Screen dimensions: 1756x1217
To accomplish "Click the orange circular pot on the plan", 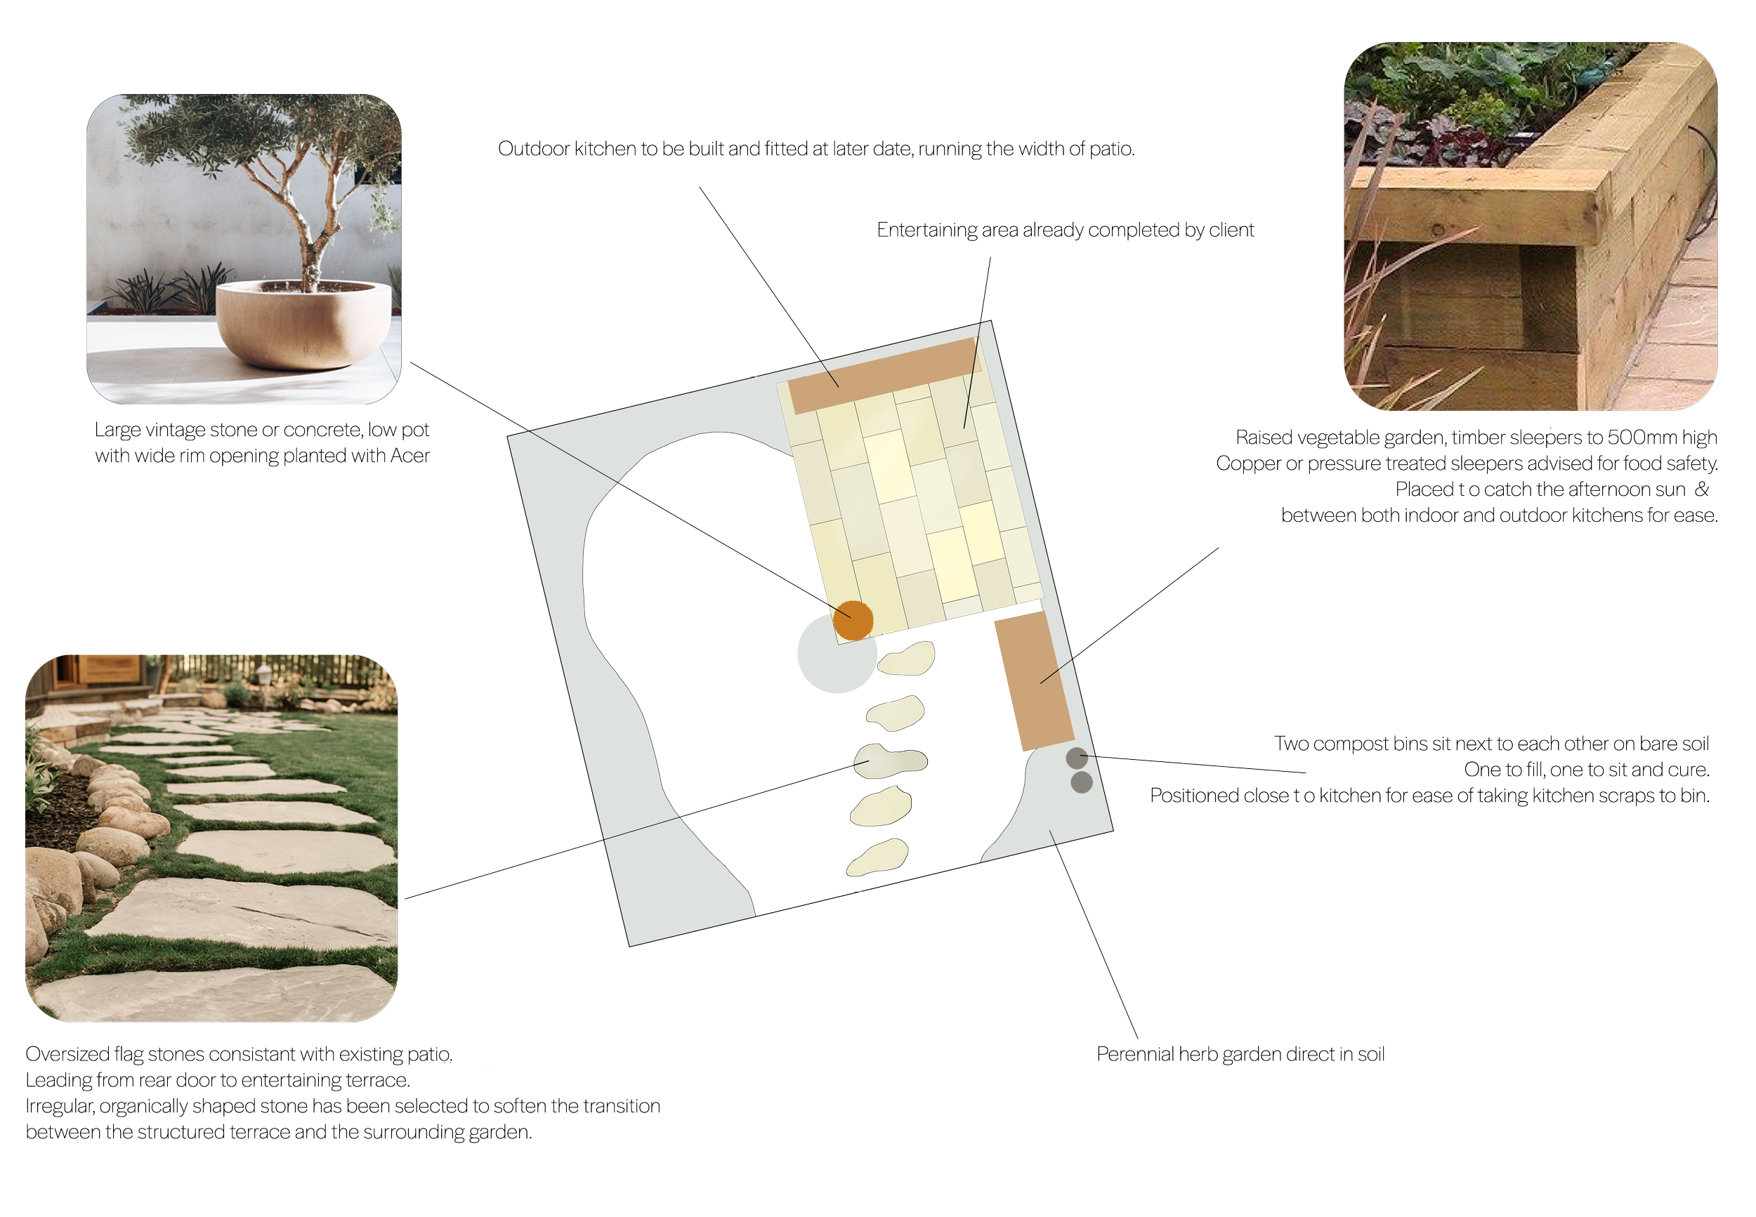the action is [x=853, y=619].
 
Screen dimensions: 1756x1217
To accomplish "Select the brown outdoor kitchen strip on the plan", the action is [x=883, y=375].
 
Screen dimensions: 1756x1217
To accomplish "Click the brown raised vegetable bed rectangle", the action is [x=1033, y=681].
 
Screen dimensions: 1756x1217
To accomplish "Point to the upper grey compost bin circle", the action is [x=1076, y=758].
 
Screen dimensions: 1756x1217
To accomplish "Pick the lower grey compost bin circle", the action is [x=1081, y=782].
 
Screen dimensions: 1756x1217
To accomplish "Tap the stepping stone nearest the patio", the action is [x=907, y=658].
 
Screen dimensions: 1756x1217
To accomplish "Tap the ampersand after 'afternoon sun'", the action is [x=1701, y=489].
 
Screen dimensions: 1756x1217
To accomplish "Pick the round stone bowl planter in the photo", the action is [x=303, y=323].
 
